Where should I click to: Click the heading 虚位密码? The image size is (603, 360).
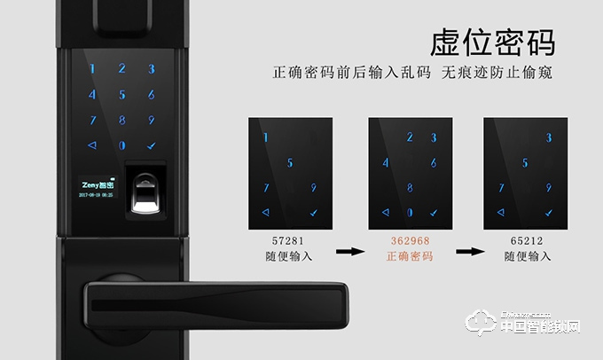pyautogui.click(x=492, y=41)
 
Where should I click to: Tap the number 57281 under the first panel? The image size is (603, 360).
pyautogui.click(x=290, y=240)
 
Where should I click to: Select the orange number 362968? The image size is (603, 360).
pyautogui.click(x=409, y=240)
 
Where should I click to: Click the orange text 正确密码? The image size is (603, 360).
pyautogui.click(x=409, y=256)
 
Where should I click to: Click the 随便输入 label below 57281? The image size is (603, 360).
pyautogui.click(x=290, y=256)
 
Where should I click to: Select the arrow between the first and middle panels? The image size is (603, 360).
pyautogui.click(x=350, y=251)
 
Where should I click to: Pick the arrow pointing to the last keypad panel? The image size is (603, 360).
pyautogui.click(x=467, y=251)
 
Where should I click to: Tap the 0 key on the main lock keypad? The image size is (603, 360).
pyautogui.click(x=122, y=145)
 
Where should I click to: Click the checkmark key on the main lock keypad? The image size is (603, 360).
pyautogui.click(x=151, y=145)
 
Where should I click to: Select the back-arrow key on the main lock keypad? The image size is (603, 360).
pyautogui.click(x=92, y=145)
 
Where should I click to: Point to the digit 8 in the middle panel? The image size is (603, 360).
pyautogui.click(x=409, y=188)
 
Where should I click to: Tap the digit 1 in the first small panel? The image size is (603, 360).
pyautogui.click(x=265, y=137)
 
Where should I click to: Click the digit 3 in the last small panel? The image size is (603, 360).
pyautogui.click(x=548, y=137)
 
